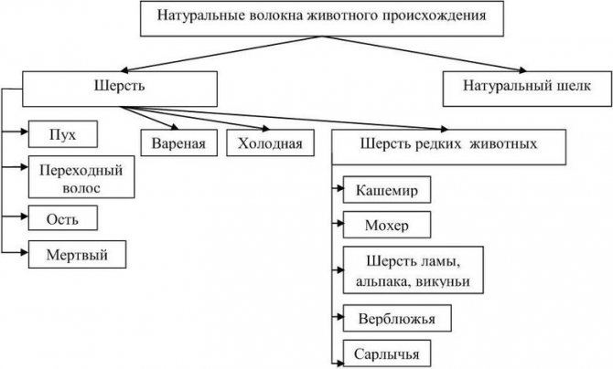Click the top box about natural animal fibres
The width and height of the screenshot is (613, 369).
(322, 18)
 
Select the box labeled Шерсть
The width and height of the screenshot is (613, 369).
(120, 89)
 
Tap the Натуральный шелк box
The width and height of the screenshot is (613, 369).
(527, 89)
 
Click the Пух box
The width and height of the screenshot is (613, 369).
(63, 134)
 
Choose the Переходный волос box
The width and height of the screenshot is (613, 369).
(81, 177)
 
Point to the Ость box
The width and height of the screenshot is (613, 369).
(63, 217)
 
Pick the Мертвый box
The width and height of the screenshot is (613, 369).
(77, 254)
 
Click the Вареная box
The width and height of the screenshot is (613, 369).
(178, 142)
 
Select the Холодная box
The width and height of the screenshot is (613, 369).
(270, 142)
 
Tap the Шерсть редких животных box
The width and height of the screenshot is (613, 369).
(449, 147)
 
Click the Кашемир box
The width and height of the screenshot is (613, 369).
(387, 189)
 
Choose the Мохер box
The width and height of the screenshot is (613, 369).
(387, 225)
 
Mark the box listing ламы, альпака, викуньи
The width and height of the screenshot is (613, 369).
(414, 269)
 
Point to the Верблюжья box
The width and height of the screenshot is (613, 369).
(397, 318)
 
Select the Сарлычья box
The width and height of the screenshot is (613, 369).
(387, 353)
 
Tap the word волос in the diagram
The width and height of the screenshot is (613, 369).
(81, 188)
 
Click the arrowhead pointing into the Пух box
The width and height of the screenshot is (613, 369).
(25, 132)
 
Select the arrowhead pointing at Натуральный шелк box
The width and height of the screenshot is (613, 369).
(522, 70)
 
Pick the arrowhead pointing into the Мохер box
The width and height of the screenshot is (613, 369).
(340, 224)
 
